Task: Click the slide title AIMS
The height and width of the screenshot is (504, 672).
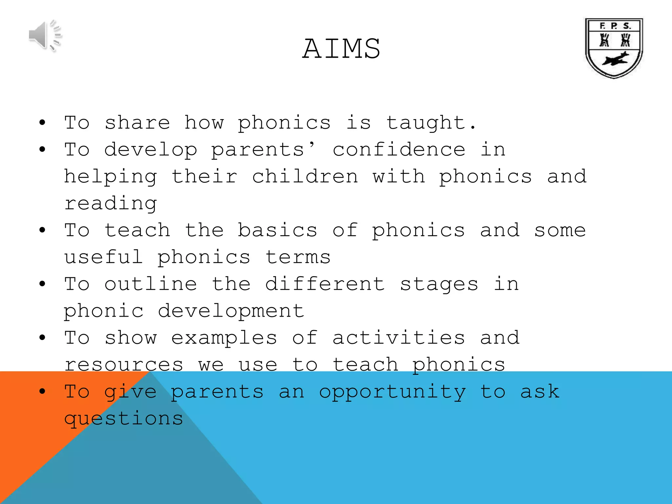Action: coord(341,49)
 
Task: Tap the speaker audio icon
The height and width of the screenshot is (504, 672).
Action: coord(45,35)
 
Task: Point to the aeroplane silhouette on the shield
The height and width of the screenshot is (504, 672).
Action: coord(615,59)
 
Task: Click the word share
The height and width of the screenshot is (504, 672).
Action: coord(137,123)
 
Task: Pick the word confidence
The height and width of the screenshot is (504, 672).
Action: coord(399,150)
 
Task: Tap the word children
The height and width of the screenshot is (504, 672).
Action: coord(305,177)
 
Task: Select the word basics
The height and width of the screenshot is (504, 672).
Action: coord(278,230)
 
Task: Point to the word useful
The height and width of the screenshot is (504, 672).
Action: coord(104,257)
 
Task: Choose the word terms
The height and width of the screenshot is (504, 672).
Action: coord(298,257)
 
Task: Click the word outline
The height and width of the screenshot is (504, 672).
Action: coord(151,284)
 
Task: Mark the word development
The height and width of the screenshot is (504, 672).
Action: coord(231,311)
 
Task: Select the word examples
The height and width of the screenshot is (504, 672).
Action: coord(224,338)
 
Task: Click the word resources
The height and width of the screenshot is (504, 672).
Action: coord(124,365)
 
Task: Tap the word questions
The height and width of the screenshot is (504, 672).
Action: coord(124,419)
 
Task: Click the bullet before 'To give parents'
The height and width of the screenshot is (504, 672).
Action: coord(42,391)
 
